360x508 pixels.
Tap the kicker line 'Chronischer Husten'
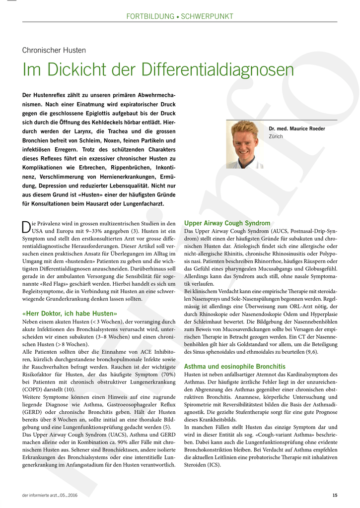(54, 50)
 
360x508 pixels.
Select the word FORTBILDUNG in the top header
(150, 16)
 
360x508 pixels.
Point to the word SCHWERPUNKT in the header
(207, 16)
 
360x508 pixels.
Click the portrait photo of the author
(245, 144)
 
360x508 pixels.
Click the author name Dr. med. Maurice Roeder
(297, 129)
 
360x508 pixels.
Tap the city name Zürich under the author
(276, 136)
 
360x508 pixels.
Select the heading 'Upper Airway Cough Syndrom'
(227, 223)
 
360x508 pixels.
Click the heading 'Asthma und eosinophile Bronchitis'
(235, 366)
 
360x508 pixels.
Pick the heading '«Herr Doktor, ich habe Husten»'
(70, 314)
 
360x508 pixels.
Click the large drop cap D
(27, 227)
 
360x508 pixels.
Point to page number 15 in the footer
(335, 495)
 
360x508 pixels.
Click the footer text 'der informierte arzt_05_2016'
(50, 495)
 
